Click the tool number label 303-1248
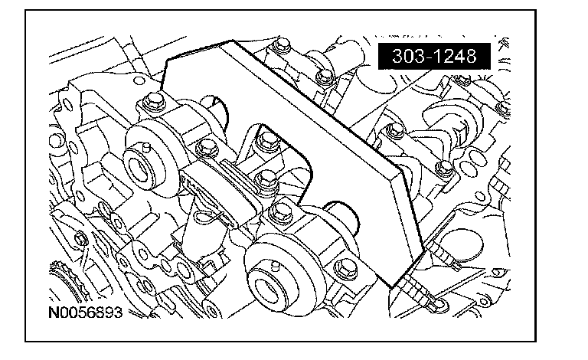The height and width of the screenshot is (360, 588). [x=434, y=56]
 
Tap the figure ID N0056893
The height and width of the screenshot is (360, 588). [x=86, y=313]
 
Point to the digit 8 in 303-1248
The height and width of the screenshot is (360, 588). [x=470, y=56]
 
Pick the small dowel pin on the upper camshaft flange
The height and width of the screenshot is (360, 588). [x=147, y=147]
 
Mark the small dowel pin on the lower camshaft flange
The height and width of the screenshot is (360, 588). [x=276, y=266]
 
